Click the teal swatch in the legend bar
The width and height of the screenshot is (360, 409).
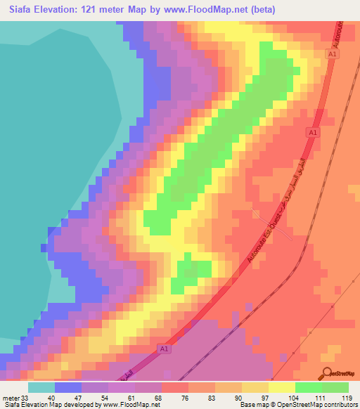point(41,387)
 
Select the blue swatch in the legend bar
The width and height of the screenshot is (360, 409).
point(68,387)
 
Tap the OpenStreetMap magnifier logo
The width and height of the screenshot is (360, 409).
point(326,373)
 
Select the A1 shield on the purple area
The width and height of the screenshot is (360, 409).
point(163,349)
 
